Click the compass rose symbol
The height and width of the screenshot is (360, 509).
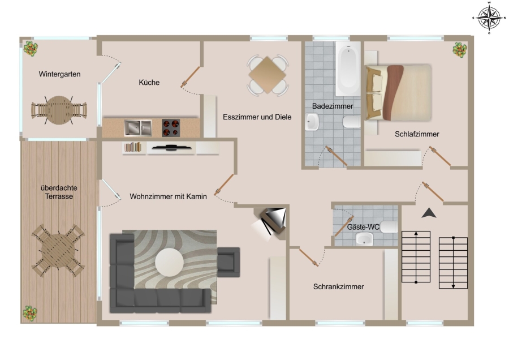pos(489,18)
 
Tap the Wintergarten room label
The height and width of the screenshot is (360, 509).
pos(59,74)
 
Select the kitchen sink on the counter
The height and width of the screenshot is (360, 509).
pos(138,128)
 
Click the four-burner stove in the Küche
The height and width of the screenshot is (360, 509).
pos(171,128)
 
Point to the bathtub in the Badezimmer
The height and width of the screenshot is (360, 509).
pos(348,68)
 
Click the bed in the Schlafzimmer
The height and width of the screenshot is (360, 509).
pos(399,93)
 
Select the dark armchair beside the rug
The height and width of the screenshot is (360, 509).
pos(228,262)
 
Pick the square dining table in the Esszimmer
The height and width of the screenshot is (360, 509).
pos(267,75)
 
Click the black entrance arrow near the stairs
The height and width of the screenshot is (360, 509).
pos(429,213)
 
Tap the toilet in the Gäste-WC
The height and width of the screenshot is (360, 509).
pos(389,227)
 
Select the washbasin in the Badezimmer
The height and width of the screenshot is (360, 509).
pos(312,122)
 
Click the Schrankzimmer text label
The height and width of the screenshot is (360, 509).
pos(339,286)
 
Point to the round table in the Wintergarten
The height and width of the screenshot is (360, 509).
pos(59,110)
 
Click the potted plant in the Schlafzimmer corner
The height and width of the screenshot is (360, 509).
pos(460,49)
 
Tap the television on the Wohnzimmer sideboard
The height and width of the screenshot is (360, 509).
pos(171,148)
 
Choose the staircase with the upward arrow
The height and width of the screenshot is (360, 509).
pos(416,256)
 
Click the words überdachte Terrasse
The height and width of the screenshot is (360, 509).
pos(59,192)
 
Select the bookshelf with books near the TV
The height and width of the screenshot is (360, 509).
pos(133,147)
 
